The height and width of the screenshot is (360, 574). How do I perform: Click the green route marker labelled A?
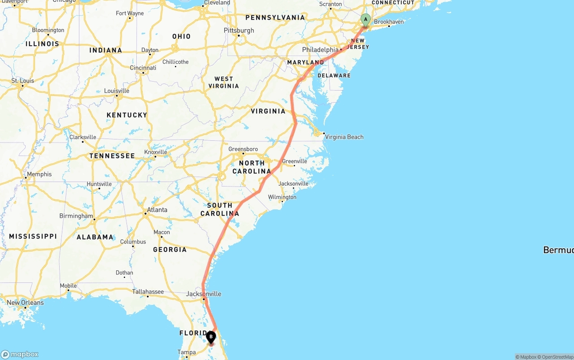pyautogui.click(x=365, y=20)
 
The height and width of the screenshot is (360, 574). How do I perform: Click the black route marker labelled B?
pyautogui.click(x=211, y=337)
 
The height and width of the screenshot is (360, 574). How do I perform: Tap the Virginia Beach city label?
pyautogui.click(x=344, y=137)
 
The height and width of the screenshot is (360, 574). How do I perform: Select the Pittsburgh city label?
pyautogui.click(x=239, y=30)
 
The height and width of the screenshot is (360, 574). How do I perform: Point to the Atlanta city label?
pyautogui.click(x=157, y=210)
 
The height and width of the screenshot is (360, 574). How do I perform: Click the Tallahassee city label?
pyautogui.click(x=148, y=292)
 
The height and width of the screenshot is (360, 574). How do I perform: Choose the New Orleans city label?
pyautogui.click(x=25, y=303)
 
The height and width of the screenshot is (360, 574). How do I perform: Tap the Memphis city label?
pyautogui.click(x=39, y=174)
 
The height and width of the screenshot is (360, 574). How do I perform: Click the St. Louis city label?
pyautogui.click(x=23, y=81)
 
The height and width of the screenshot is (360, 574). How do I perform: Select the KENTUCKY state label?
pyautogui.click(x=127, y=115)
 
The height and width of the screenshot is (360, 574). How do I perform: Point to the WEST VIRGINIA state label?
pyautogui.click(x=224, y=82)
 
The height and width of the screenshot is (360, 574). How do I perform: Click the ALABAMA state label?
pyautogui.click(x=95, y=237)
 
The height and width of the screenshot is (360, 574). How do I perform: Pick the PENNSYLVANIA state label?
pyautogui.click(x=275, y=17)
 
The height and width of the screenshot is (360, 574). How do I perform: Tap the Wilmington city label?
pyautogui.click(x=282, y=197)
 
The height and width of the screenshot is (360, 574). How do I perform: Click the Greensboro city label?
pyautogui.click(x=243, y=149)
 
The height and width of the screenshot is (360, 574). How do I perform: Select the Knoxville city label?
pyautogui.click(x=156, y=152)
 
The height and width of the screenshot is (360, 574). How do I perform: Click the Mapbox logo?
pyautogui.click(x=20, y=355)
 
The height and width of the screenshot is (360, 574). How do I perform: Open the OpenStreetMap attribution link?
pyautogui.click(x=557, y=357)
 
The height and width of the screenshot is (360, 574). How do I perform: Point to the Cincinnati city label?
pyautogui.click(x=143, y=68)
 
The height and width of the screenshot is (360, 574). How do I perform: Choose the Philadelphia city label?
pyautogui.click(x=320, y=50)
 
